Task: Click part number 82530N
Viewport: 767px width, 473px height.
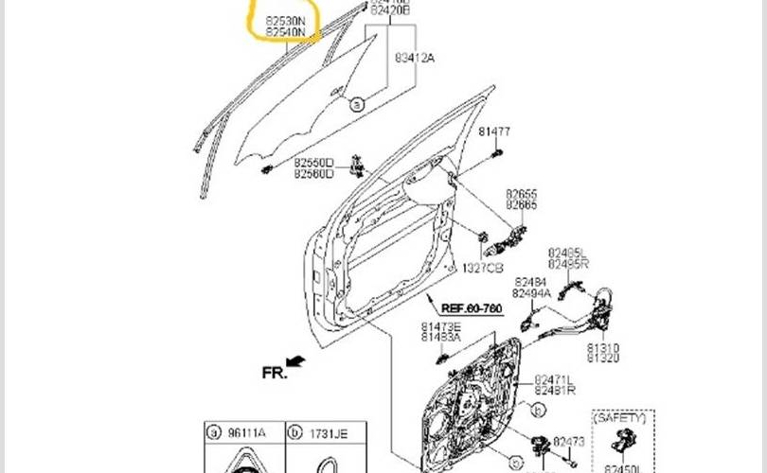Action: point(286,19)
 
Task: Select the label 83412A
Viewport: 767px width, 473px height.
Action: point(415,58)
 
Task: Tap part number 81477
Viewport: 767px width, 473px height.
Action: point(493,131)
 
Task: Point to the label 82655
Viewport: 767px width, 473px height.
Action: point(521,192)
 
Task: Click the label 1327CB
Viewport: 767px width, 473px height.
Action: point(482,269)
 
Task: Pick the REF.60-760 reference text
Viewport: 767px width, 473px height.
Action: point(472,309)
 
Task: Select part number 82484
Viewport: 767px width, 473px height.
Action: point(530,282)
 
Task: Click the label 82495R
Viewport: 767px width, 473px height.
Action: point(568,264)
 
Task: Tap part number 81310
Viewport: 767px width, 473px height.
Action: point(603,347)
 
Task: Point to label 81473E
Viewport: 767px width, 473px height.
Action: point(441,326)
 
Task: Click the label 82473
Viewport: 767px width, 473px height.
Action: point(569,441)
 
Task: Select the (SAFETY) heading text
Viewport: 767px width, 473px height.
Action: point(620,417)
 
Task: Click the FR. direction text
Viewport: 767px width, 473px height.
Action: point(274,373)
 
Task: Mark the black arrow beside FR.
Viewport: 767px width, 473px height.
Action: point(296,360)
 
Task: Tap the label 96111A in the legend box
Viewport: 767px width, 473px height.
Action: point(244,433)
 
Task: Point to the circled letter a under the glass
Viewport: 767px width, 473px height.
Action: point(357,105)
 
